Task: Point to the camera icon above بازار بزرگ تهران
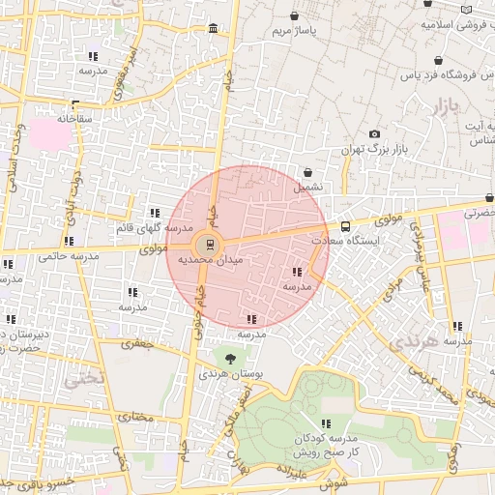[x=375, y=134]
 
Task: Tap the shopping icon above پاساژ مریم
[x=295, y=16]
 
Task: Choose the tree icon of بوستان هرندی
[x=229, y=358]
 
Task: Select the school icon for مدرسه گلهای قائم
[x=154, y=213]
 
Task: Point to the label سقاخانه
[x=73, y=118]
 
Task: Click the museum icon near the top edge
[x=213, y=31]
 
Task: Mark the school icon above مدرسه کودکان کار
[x=327, y=422]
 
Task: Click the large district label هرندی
[x=410, y=342]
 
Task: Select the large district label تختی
[x=81, y=379]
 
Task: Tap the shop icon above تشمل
[x=308, y=171]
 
